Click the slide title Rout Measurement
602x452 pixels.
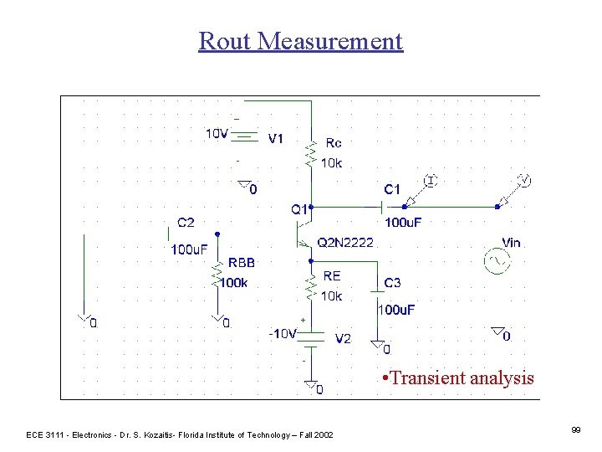click(300, 41)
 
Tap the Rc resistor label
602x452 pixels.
click(333, 143)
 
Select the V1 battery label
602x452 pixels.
click(276, 139)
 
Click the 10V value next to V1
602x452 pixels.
click(217, 133)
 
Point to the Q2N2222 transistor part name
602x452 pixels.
click(345, 243)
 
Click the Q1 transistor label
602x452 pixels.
click(298, 208)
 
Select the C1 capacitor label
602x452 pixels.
click(392, 189)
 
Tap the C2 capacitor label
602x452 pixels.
click(186, 223)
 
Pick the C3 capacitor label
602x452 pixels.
click(392, 283)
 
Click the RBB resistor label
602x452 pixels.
click(242, 262)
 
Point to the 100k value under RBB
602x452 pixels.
click(233, 283)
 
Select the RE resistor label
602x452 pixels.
click(331, 275)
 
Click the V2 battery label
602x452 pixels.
click(343, 339)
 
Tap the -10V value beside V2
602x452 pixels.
click(283, 333)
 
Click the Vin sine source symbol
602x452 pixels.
click(494, 262)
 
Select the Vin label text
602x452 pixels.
click(510, 243)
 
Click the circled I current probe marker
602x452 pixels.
click(430, 180)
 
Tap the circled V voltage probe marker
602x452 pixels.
click(523, 180)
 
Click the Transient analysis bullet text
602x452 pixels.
click(457, 378)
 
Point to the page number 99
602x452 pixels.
click(576, 429)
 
